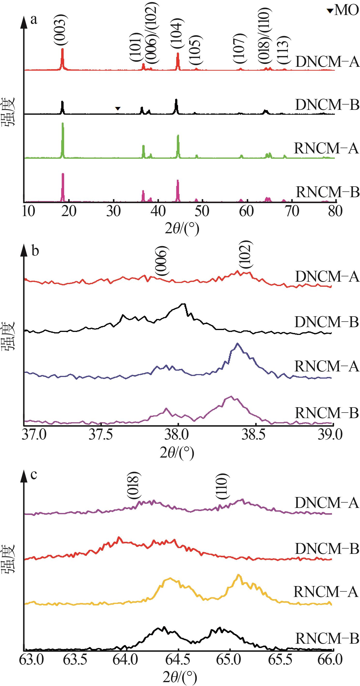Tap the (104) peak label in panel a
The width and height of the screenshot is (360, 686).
pyautogui.click(x=177, y=34)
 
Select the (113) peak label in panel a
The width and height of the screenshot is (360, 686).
pyautogui.click(x=283, y=50)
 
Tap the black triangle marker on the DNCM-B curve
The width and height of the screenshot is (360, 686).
pyautogui.click(x=118, y=108)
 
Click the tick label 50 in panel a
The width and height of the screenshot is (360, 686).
pyautogui.click(x=202, y=211)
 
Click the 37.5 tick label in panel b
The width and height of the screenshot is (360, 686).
pyautogui.click(x=101, y=435)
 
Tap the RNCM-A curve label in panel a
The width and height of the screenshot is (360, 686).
pyautogui.click(x=326, y=148)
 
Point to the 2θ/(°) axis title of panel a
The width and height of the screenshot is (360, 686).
pyautogui.click(x=182, y=228)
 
